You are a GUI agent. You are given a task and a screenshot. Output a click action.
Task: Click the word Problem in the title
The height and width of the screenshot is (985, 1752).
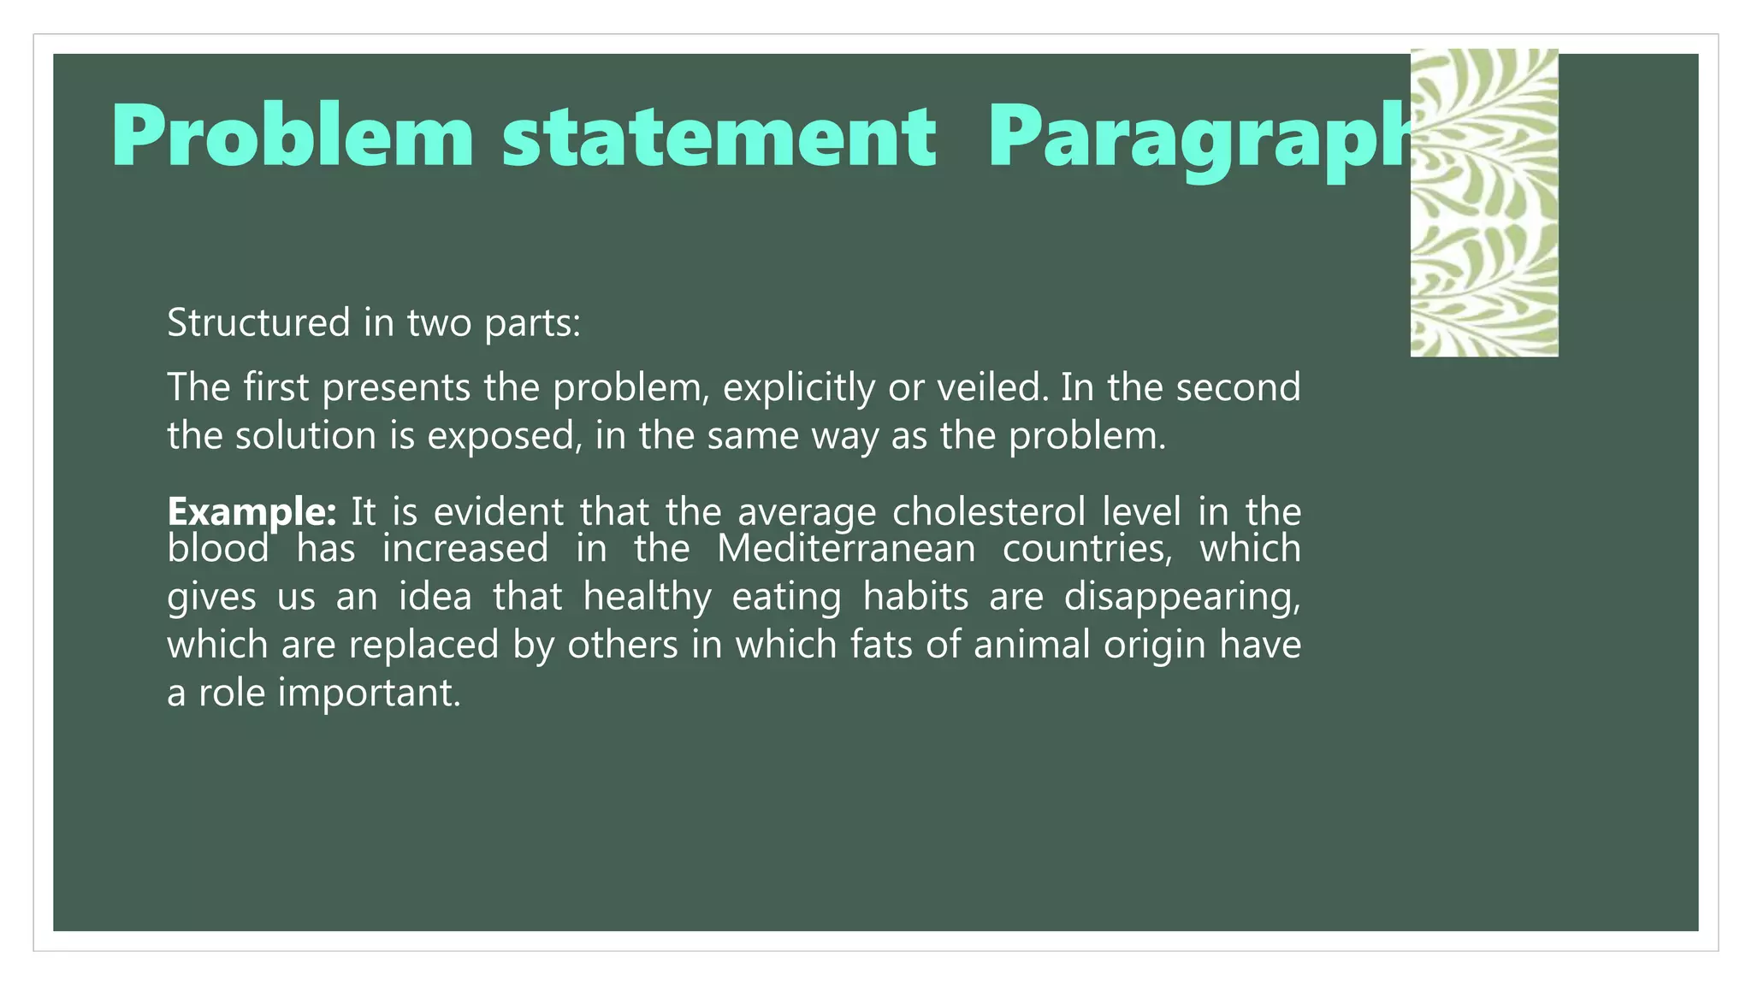coord(292,137)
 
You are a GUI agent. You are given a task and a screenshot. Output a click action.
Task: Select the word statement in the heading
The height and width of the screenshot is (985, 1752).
coord(719,137)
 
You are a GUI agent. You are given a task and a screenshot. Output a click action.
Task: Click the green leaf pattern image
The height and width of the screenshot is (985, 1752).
coord(1483,203)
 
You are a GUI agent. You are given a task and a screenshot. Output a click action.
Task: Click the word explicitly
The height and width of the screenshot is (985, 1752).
coord(799,388)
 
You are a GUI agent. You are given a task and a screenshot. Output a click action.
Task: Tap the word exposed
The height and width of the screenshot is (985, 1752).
coord(500,436)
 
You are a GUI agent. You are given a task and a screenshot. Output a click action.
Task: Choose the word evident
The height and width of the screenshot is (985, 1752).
coord(498,512)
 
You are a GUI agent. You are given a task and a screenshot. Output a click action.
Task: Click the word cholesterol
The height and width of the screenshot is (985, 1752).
coord(988,512)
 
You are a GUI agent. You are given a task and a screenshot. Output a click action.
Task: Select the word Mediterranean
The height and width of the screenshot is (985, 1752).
coord(845,548)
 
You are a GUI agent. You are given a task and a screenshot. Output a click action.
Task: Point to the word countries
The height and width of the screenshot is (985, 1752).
coord(1087,549)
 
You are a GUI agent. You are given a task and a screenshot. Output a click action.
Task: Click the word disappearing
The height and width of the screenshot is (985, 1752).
coord(1181,597)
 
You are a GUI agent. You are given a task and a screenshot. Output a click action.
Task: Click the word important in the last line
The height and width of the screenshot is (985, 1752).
coord(369,693)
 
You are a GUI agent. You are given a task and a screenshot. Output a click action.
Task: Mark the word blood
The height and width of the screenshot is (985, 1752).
coord(218,548)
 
